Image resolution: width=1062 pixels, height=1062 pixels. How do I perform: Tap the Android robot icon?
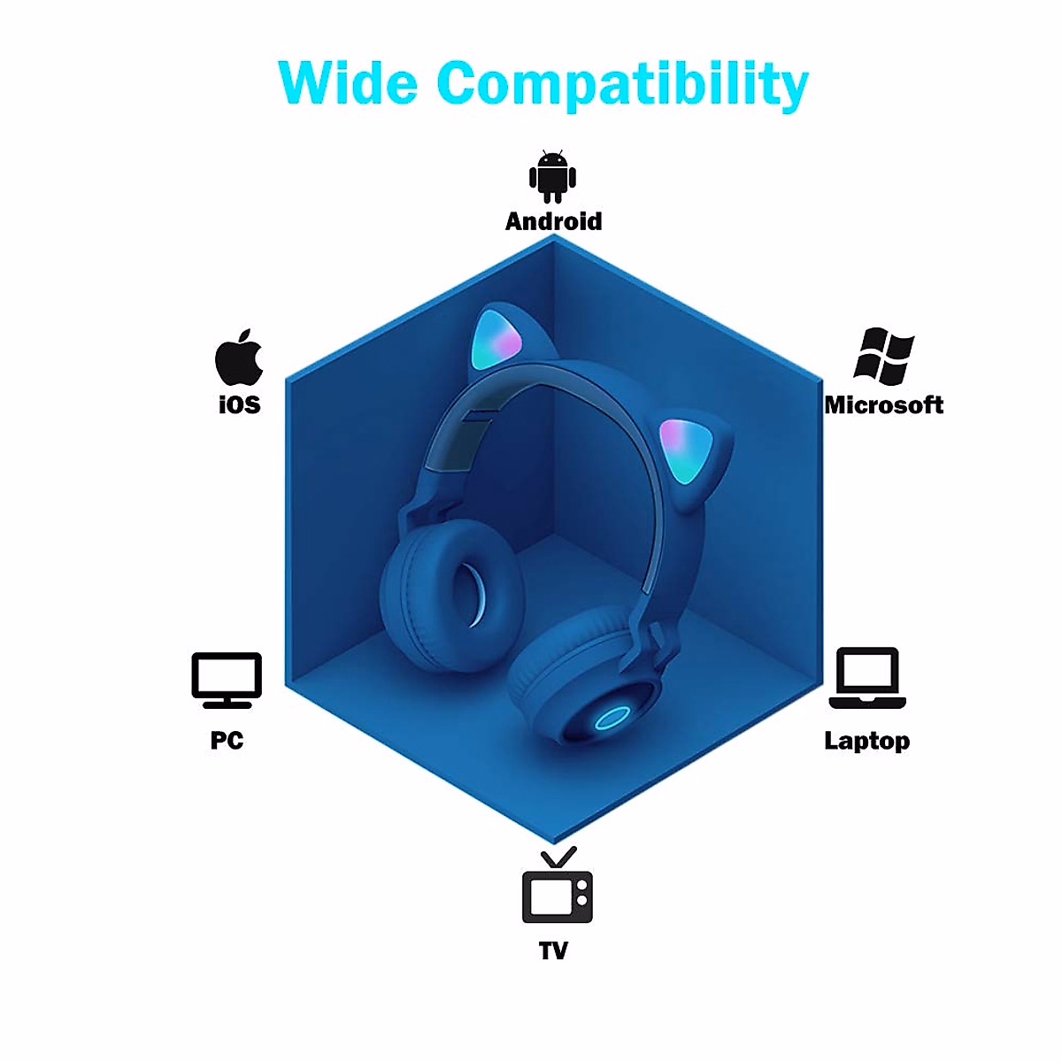pyautogui.click(x=552, y=176)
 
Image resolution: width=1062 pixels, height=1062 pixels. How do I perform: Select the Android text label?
pyautogui.click(x=553, y=221)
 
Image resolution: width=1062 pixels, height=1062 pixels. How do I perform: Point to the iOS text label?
pyautogui.click(x=239, y=404)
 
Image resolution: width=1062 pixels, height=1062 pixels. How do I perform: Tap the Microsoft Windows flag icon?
pyautogui.click(x=883, y=357)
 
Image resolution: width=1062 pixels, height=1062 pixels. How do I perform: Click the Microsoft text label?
pyautogui.click(x=883, y=405)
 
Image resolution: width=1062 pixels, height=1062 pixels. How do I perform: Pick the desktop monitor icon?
pyautogui.click(x=227, y=677)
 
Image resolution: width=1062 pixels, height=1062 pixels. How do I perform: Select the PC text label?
pyautogui.click(x=227, y=740)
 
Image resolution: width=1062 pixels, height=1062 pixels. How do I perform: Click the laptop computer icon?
pyautogui.click(x=867, y=678)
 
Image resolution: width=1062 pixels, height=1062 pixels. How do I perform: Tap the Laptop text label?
pyautogui.click(x=866, y=741)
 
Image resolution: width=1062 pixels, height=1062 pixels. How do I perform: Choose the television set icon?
pyautogui.click(x=557, y=895)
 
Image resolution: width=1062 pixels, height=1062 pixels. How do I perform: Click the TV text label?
pyautogui.click(x=553, y=950)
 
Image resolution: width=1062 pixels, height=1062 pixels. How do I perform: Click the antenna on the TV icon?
pyautogui.click(x=558, y=857)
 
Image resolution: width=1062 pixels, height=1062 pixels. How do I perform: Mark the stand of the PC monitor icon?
pyautogui.click(x=227, y=703)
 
